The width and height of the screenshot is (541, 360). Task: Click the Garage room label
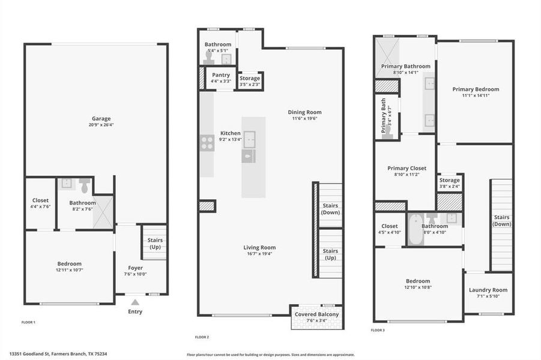pos(97,119)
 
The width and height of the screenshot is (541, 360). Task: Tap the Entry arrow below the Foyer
pos(136,302)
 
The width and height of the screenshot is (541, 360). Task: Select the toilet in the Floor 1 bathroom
pos(84,186)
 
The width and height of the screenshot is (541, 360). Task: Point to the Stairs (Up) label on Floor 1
pos(155,244)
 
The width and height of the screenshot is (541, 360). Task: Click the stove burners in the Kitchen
pos(207,143)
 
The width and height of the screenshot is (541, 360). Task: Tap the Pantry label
pos(221,74)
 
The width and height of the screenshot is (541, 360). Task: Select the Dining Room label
pos(304,112)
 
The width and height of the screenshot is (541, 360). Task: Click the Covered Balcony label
pos(316,314)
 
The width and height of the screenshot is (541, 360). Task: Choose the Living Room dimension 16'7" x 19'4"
pos(259,254)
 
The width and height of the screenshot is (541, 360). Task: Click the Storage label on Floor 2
pos(250,78)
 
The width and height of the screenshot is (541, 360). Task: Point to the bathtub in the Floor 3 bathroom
pos(416,232)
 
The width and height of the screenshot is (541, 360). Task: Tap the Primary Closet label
pos(407,169)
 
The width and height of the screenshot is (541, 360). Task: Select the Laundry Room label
pos(488,290)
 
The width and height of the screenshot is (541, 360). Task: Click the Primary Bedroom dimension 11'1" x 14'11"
pos(476,95)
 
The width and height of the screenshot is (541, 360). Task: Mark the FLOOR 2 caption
pos(202,337)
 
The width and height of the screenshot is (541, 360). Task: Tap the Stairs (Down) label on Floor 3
pos(501,220)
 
